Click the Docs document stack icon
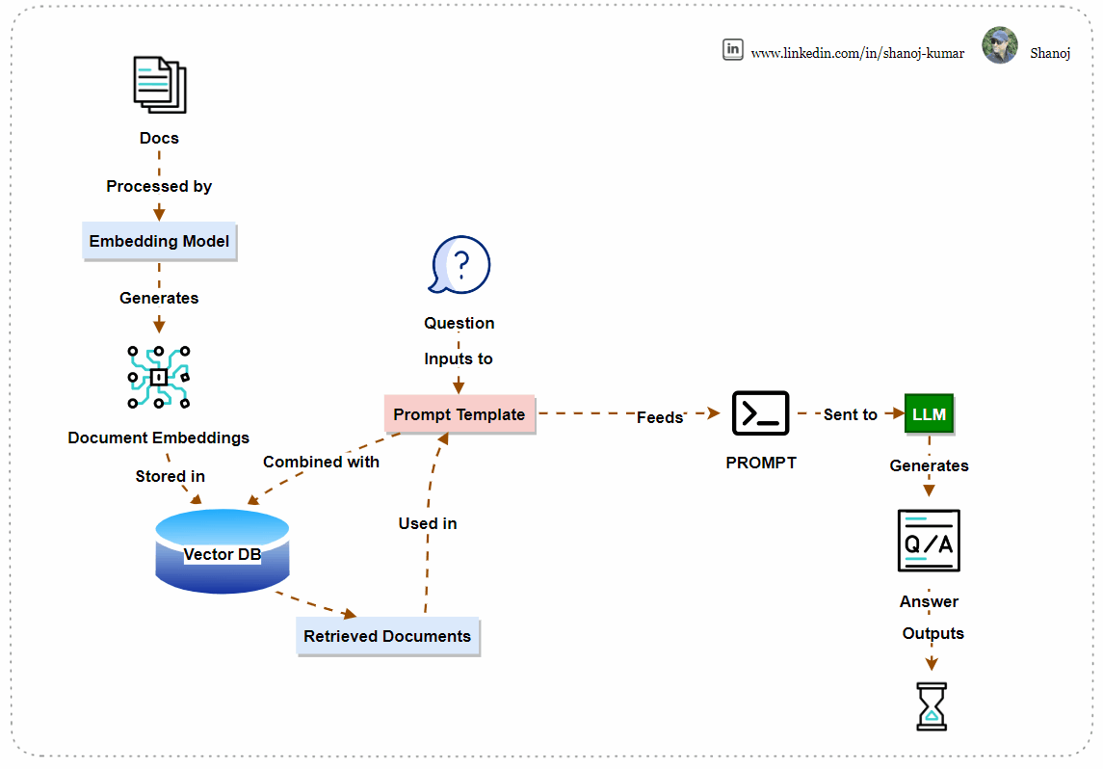pos(160,85)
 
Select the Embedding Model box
pos(160,241)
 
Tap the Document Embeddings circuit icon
pos(158,377)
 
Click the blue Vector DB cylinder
pos(223,551)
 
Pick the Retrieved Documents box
pos(387,637)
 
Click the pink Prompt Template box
pos(460,414)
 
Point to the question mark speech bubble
pos(460,265)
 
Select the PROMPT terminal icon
pos(760,413)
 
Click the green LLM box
pos(930,414)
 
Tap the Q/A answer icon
pos(930,541)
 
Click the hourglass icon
pos(932,706)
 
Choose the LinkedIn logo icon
pos(733,49)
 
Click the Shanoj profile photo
pos(1000,45)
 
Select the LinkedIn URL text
pos(857,53)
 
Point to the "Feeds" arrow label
pos(660,418)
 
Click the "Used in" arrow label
pos(428,523)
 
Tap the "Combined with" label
pos(321,463)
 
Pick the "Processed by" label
pos(159,186)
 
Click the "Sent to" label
pos(851,415)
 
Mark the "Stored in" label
pos(171,476)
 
